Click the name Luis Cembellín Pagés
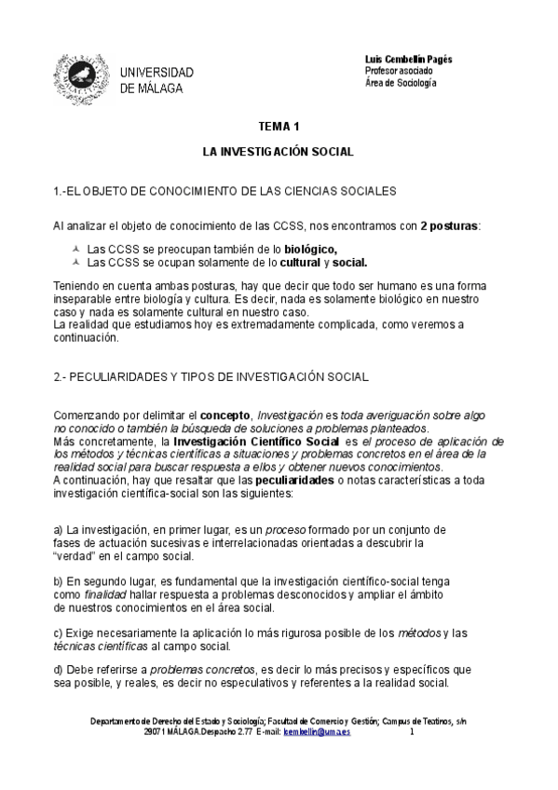408,59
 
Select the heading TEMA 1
279,126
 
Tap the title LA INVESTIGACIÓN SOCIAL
279,150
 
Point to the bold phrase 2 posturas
449,225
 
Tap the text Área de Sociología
401,83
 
